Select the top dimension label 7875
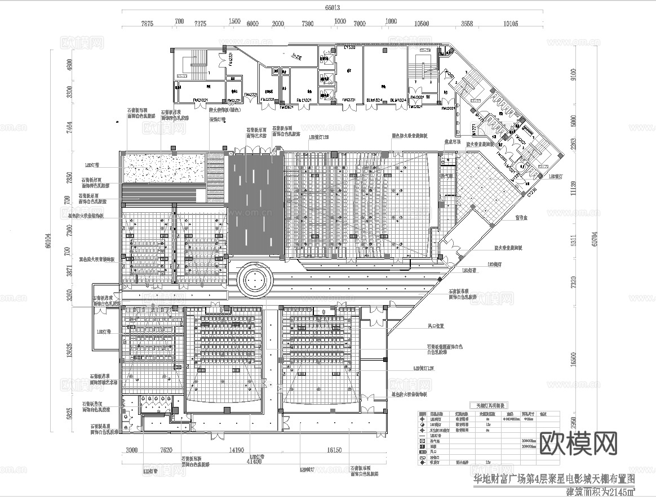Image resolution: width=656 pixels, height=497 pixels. point(147,24)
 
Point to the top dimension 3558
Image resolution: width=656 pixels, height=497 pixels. point(467,24)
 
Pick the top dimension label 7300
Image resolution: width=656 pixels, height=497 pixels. point(307,24)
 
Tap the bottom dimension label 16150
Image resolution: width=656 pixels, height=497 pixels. point(334,450)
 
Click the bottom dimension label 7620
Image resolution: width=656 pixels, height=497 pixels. point(166,450)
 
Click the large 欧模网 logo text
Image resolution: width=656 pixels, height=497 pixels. point(579,444)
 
